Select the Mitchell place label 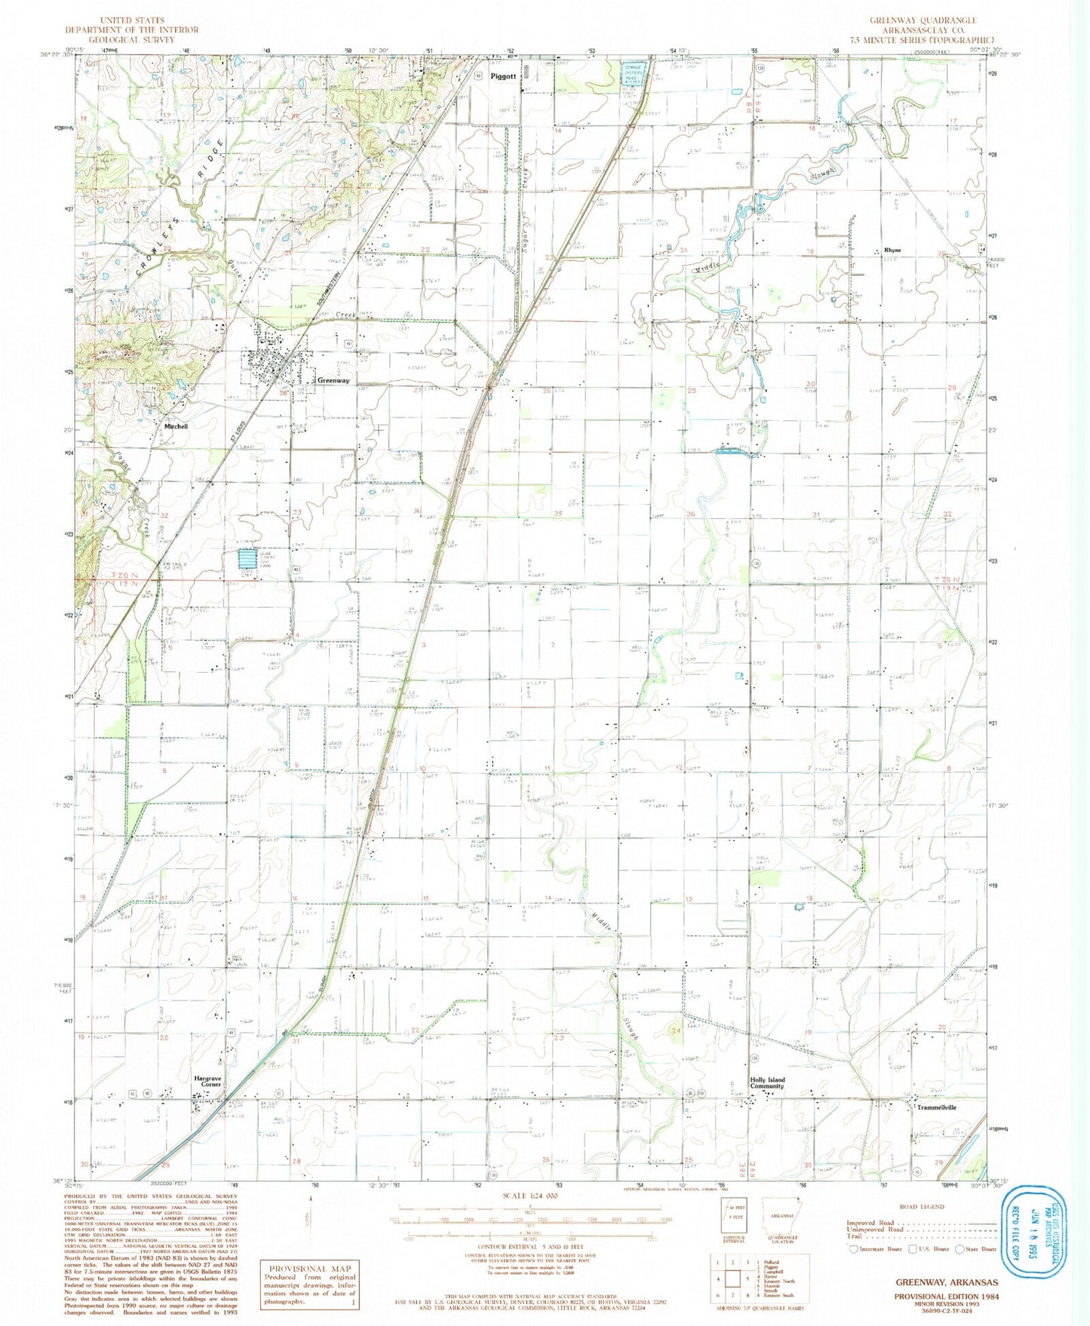click(x=176, y=426)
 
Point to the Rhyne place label click(x=892, y=250)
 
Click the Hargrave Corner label click(x=207, y=1081)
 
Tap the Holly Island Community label click(x=767, y=1083)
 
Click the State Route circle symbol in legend click(x=960, y=1248)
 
